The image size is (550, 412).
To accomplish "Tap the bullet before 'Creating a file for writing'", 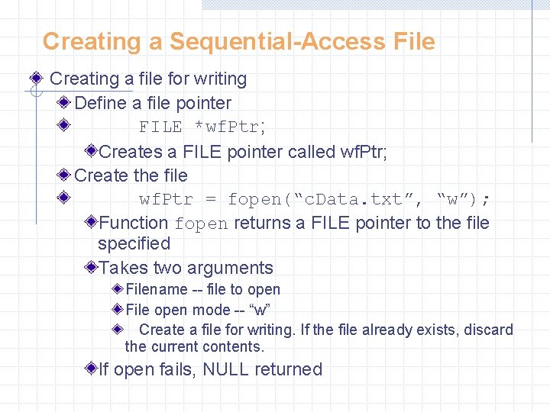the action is coord(36,79).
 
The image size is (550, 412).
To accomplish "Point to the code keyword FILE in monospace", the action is coord(160,127).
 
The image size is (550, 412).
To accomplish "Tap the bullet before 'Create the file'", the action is coord(64,175).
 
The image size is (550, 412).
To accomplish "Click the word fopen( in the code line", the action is coord(261,200).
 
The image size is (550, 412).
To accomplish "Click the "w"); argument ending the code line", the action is coord(464,200).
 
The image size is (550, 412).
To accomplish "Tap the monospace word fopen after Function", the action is coord(202,224).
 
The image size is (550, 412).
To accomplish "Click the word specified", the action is coord(134,243).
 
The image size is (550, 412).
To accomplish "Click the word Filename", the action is coord(156,289).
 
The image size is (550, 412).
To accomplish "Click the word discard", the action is coord(489,330).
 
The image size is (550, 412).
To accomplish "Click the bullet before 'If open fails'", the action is coord(91,369).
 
